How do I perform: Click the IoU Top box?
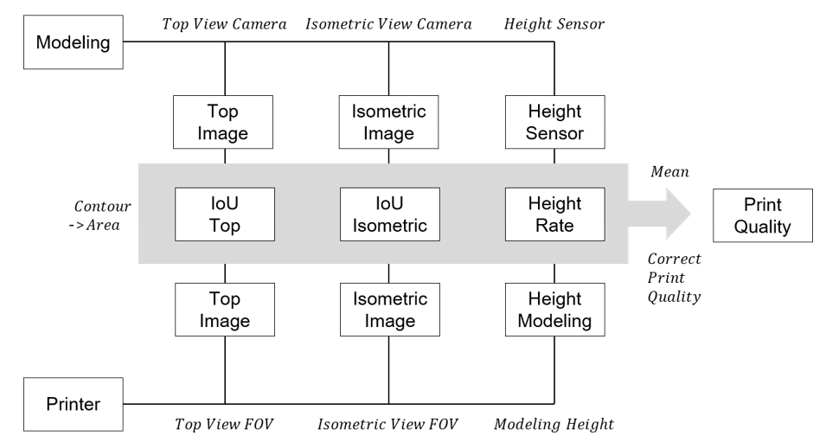pos(225,215)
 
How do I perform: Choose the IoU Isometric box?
pos(388,215)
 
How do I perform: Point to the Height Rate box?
pos(554,215)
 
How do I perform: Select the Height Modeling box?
pos(554,310)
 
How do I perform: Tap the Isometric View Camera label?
pos(388,24)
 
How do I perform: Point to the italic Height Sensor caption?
pos(554,24)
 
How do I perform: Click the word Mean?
pos(669,172)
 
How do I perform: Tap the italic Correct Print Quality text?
pos(675,277)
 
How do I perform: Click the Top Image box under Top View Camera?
pos(225,122)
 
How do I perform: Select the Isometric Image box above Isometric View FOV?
pos(388,310)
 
